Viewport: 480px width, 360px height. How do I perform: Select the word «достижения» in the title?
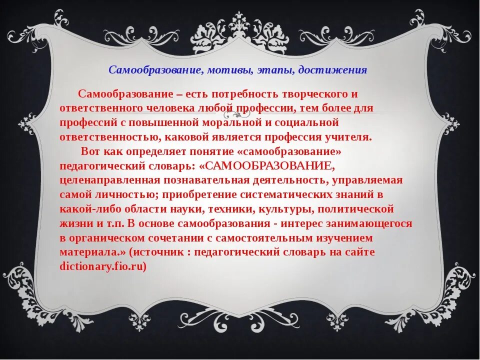(x=332, y=70)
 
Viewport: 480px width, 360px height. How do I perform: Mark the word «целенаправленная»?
(x=109, y=180)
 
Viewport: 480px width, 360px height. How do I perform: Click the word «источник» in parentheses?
(x=173, y=252)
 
